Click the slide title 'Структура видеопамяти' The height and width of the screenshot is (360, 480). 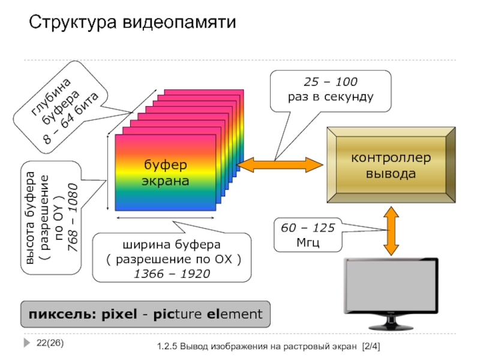(x=133, y=23)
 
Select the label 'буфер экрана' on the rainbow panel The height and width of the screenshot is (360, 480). (x=165, y=172)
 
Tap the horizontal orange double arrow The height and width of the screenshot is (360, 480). (x=280, y=163)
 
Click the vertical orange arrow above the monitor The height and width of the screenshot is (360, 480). (x=391, y=231)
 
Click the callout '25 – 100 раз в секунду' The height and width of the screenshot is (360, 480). (x=330, y=89)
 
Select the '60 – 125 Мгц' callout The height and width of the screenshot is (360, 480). (x=308, y=236)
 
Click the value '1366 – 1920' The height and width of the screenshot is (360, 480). (x=173, y=274)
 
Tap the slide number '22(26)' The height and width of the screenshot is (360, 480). (x=50, y=343)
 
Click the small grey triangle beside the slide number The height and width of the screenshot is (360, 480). (x=28, y=343)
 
